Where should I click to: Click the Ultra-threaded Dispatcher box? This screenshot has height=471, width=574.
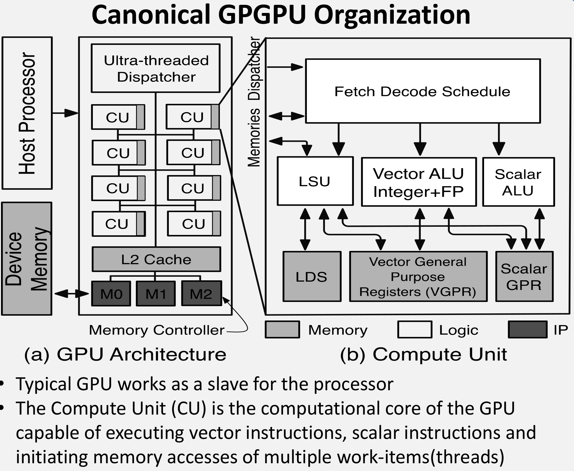156,68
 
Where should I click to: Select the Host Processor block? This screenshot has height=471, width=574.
27,113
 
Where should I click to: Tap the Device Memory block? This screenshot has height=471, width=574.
27,259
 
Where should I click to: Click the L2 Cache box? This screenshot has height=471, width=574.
156,259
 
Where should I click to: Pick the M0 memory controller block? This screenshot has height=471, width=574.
111,294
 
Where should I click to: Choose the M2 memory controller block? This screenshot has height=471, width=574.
201,294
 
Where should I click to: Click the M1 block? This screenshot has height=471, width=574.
156,294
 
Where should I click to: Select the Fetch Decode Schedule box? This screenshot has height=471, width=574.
423,91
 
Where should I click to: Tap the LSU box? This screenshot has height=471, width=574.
315,181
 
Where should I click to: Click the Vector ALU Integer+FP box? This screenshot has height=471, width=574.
419,182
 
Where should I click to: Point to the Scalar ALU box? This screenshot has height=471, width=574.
518,182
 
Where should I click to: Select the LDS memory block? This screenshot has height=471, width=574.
312,277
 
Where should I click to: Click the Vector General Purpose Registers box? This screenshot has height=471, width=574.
418,277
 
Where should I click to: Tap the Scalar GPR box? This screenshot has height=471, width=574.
524,277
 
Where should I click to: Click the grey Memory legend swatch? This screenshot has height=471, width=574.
282,330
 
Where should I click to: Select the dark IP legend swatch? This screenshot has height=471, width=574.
527,330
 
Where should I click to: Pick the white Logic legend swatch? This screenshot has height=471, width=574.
415,330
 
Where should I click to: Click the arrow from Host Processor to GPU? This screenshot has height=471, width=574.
65,113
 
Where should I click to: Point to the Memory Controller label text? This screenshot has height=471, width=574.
156,330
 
